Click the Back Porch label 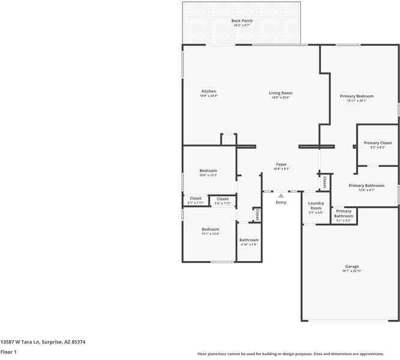pos(242,21)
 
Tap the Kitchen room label pos(208,92)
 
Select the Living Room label pos(280,93)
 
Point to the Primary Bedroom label pos(357,96)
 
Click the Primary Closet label pos(378,143)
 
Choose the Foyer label pos(281,164)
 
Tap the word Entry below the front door pos(281,202)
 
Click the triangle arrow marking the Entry pos(281,196)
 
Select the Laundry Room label pos(316,206)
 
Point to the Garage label pos(352,266)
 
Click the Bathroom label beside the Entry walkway pos(249,240)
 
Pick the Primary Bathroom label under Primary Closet pos(366,186)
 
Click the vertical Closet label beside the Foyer pos(325,181)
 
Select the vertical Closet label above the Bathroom pos(256,214)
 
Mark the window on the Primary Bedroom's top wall pos(348,44)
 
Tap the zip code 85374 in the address pos(78,342)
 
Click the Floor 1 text pos(8,352)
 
